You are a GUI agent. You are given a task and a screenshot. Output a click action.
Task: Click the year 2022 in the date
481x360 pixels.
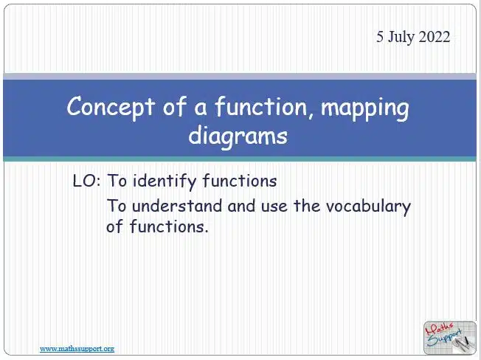point(434,37)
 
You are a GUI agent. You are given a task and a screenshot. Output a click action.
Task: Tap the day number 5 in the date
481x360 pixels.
point(380,37)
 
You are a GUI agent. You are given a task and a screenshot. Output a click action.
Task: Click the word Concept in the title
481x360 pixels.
point(111,107)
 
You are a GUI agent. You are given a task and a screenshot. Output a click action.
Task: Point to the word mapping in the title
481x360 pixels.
point(364,109)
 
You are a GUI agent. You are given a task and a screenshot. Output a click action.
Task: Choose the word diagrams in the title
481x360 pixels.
point(238,136)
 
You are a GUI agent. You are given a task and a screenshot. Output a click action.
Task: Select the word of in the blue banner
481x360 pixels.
point(175,106)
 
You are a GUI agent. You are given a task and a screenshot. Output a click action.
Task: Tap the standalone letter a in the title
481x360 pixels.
point(201,109)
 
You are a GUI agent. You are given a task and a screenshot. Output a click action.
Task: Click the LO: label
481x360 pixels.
point(86,181)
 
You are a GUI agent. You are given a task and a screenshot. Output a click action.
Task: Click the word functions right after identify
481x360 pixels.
point(240,181)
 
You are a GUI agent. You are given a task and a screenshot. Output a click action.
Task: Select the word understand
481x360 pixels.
point(177,206)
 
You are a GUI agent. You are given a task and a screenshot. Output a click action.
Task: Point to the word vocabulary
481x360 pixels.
point(368,207)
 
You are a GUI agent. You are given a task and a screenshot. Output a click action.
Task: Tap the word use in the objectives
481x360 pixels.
point(274,207)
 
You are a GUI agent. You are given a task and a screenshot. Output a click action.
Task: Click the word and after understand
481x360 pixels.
point(241,206)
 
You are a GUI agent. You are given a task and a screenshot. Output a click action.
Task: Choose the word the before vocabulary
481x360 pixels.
point(307,206)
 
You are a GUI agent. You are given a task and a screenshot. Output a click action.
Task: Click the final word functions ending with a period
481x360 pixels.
point(169,226)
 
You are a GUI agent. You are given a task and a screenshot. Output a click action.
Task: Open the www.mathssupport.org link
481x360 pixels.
point(77,349)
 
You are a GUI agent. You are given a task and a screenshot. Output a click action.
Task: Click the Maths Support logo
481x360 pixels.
point(450,338)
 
